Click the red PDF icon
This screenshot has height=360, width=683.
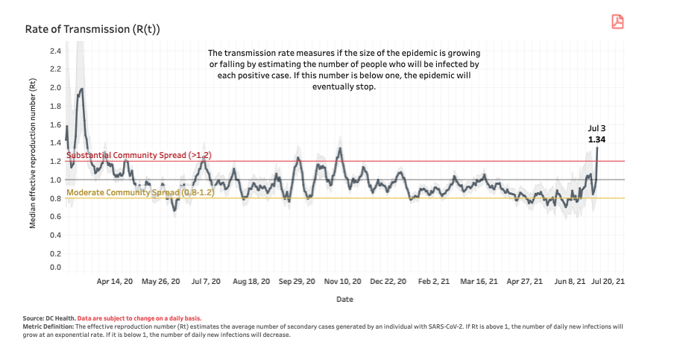click(617, 22)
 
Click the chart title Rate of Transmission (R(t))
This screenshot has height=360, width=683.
click(92, 29)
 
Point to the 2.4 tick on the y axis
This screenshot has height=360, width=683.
click(55, 51)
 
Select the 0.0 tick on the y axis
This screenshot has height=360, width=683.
click(55, 266)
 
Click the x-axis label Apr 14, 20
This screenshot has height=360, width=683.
click(115, 282)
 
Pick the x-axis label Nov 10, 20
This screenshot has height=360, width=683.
click(343, 282)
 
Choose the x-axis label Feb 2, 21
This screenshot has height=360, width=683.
click(434, 282)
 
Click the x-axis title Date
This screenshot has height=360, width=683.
click(344, 299)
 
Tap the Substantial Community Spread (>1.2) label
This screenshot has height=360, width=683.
click(139, 155)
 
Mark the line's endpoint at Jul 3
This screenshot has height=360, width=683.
click(597, 148)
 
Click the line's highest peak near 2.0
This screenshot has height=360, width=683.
click(81, 89)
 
